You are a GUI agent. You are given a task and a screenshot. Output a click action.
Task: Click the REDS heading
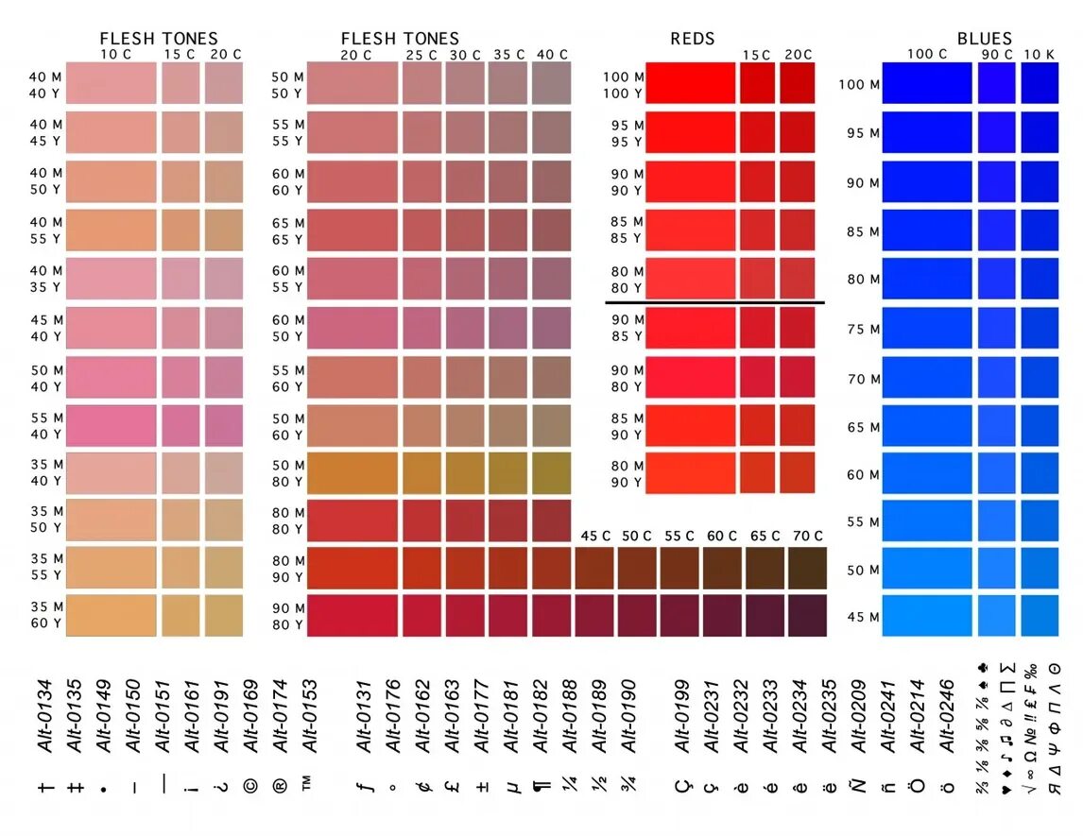692,39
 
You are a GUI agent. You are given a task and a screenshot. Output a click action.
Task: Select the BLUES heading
984,39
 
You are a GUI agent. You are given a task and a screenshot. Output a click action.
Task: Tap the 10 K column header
1040,55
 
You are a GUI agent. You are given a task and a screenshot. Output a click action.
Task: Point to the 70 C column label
807,537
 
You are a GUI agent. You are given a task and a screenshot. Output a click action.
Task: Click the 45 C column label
594,537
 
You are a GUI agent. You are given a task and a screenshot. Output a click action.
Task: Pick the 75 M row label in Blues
863,329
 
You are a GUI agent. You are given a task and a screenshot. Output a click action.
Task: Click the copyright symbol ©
250,785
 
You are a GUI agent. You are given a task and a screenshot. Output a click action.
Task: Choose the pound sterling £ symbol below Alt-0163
453,785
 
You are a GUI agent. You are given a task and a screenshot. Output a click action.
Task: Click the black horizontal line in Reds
714,303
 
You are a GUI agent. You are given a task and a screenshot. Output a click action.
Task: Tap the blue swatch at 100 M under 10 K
1040,83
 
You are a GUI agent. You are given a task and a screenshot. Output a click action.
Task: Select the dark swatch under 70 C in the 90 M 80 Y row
807,615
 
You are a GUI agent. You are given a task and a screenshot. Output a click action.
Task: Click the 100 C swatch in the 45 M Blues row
926,615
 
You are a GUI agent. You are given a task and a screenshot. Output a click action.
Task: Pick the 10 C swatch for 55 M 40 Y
111,425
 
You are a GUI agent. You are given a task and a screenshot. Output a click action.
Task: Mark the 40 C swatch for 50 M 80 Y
552,473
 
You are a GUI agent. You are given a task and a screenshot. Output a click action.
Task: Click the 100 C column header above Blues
926,55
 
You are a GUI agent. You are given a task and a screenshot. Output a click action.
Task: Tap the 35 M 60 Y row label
45,615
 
